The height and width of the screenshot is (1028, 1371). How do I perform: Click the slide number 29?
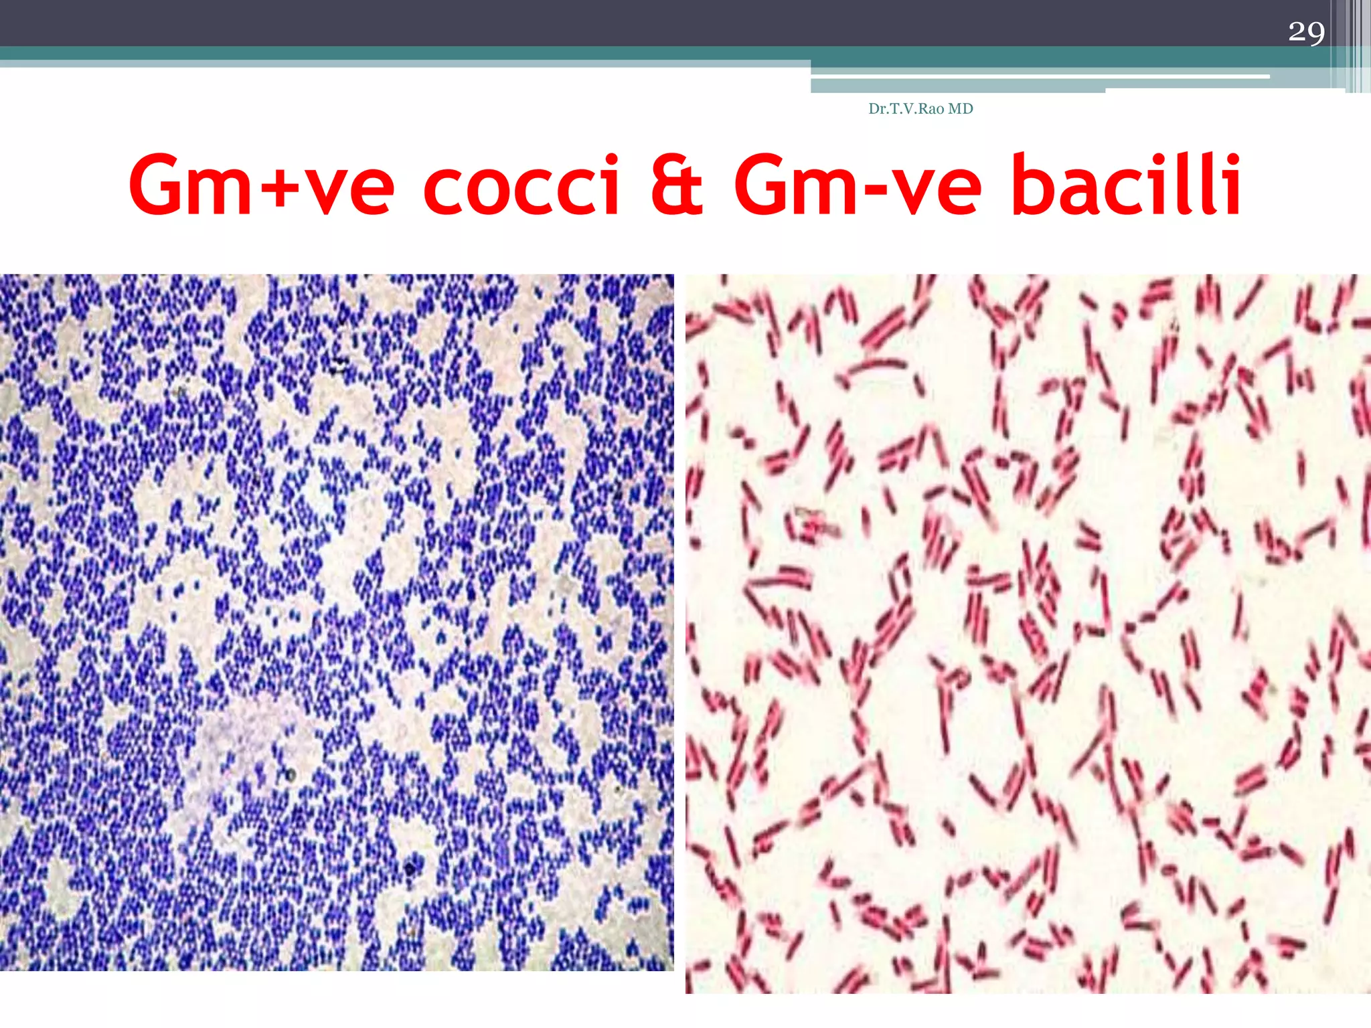point(1306,32)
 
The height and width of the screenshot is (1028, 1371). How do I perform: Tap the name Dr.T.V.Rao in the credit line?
point(906,109)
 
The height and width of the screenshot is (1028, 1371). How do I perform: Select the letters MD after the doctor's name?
point(960,109)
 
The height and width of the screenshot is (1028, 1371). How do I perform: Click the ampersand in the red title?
point(677,185)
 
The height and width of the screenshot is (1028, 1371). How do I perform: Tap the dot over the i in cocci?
point(609,159)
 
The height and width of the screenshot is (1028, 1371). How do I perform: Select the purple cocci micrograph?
point(337,622)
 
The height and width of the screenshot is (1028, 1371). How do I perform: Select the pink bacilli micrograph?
point(1028,633)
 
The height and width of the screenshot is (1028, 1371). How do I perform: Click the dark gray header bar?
point(602,23)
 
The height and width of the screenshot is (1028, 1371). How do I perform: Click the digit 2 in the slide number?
point(1297,32)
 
